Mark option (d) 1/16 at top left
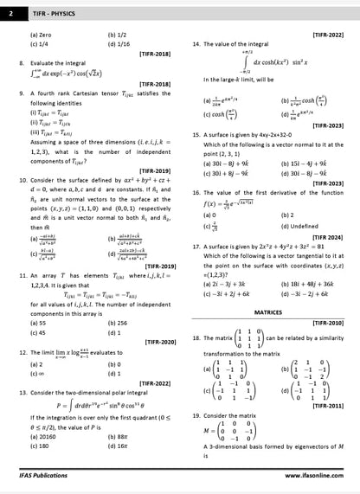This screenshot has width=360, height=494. click(x=119, y=42)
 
